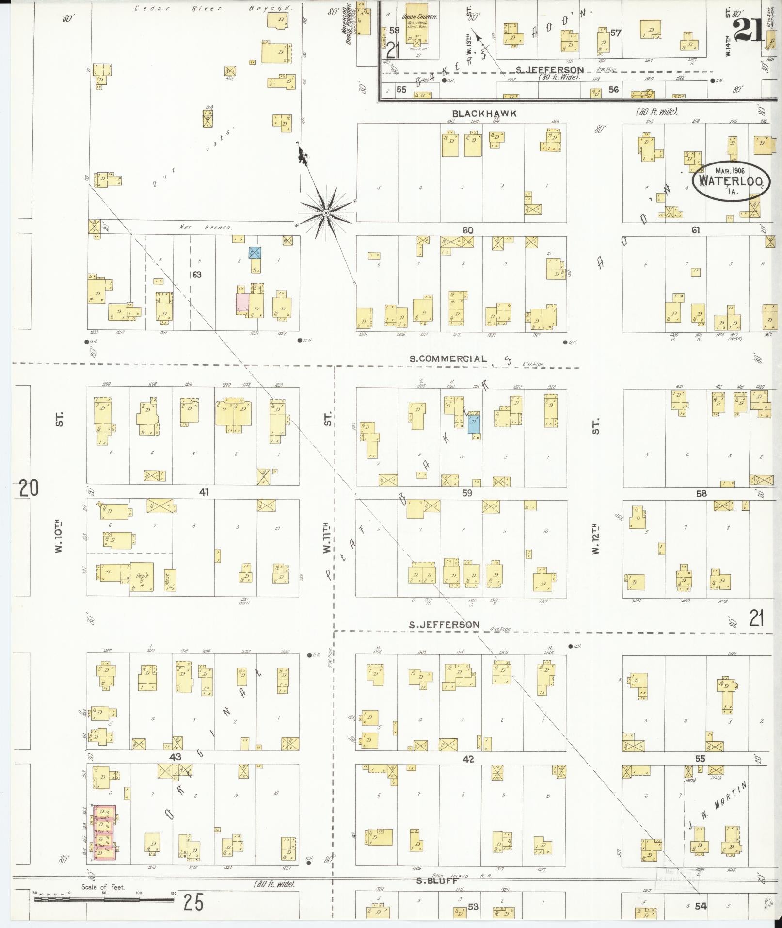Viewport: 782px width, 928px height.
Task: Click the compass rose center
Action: pos(326,213)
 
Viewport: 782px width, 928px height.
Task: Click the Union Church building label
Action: pos(420,17)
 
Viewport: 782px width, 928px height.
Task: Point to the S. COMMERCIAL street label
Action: pos(448,359)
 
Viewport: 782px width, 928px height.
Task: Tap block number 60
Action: pos(467,230)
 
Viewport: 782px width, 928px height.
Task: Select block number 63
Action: pos(197,275)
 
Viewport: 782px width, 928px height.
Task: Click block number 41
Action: pos(204,492)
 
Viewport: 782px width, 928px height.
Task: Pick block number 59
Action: pos(467,494)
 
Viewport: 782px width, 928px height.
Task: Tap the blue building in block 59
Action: pos(474,424)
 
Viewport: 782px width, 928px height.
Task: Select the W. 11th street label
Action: pos(327,538)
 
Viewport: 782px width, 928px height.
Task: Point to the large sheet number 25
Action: pos(193,902)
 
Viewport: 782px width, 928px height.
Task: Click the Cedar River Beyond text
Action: pos(213,8)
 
